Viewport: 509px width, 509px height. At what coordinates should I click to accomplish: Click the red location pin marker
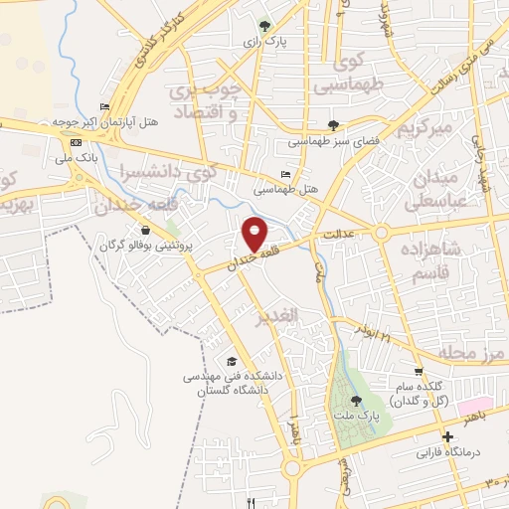click(x=254, y=233)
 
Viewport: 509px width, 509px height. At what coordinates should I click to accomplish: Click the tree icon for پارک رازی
click(x=263, y=25)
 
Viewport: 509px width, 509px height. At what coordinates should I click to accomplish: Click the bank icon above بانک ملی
click(x=76, y=142)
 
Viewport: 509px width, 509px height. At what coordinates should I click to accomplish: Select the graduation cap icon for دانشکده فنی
click(x=232, y=360)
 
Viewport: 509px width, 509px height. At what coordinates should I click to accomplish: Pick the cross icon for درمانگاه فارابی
click(x=448, y=436)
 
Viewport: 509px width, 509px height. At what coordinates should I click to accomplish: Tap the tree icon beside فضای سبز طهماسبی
click(x=332, y=125)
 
